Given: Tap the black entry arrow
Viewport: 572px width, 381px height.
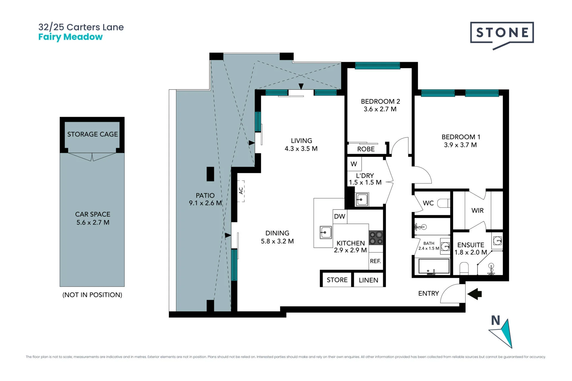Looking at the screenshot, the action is [x=474, y=294].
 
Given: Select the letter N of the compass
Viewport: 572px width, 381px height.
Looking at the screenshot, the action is [x=495, y=321].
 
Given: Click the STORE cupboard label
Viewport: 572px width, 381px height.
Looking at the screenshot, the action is [x=337, y=280].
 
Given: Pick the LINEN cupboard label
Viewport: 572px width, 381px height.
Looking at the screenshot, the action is [x=369, y=280].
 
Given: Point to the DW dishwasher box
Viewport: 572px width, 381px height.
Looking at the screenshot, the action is [x=340, y=216].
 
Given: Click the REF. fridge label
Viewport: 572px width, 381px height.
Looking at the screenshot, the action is [x=375, y=261].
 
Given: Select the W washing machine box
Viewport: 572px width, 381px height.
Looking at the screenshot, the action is [x=354, y=164].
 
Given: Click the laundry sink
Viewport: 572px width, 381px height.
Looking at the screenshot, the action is [x=362, y=199].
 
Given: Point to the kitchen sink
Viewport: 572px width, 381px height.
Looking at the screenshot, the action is [x=326, y=232].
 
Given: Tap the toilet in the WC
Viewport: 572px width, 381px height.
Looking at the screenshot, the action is [x=443, y=203].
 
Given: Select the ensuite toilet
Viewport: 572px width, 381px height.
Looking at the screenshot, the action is [x=464, y=268].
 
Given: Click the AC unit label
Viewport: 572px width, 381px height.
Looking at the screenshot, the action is [x=241, y=190].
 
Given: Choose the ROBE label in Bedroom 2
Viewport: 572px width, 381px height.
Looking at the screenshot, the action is [x=366, y=149].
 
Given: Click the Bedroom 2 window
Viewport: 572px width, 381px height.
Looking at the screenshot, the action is [x=377, y=66].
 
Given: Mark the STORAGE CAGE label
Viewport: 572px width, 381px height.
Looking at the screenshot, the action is [x=93, y=134].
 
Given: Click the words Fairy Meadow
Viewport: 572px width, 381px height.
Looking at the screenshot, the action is [x=71, y=37].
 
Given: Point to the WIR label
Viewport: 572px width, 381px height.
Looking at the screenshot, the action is [x=477, y=210].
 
